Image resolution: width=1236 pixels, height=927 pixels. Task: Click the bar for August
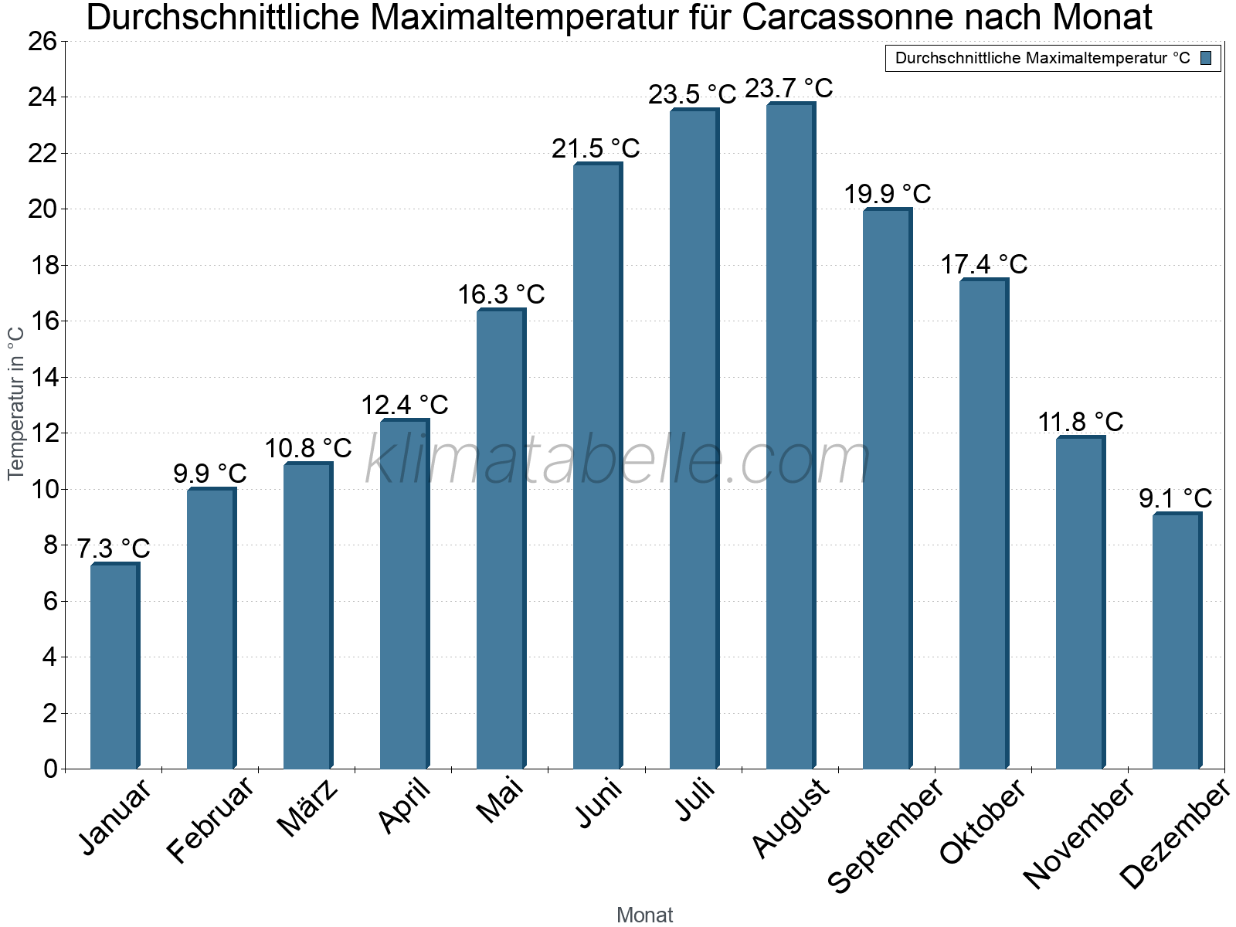[x=790, y=436]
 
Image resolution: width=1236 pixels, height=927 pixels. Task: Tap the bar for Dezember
[x=1177, y=641]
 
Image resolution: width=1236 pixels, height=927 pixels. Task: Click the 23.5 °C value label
[x=692, y=94]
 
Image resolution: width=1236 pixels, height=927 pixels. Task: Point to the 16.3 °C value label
[x=501, y=294]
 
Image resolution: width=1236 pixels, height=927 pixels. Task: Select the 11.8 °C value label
[x=1080, y=422]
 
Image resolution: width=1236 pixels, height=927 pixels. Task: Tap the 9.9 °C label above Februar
[x=210, y=473]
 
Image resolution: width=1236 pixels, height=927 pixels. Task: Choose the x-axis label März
[x=307, y=808]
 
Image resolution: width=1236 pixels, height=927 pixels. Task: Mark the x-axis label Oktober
[x=983, y=820]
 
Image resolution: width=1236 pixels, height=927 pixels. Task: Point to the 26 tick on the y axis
[x=42, y=41]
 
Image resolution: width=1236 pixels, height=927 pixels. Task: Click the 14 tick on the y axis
[x=42, y=378]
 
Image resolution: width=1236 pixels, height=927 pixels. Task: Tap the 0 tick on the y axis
[x=50, y=769]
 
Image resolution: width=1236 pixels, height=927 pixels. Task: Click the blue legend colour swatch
[x=1206, y=58]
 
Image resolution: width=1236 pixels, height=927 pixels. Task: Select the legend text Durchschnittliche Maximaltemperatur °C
[x=1042, y=58]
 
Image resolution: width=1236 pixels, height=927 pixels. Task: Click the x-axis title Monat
[x=644, y=915]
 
